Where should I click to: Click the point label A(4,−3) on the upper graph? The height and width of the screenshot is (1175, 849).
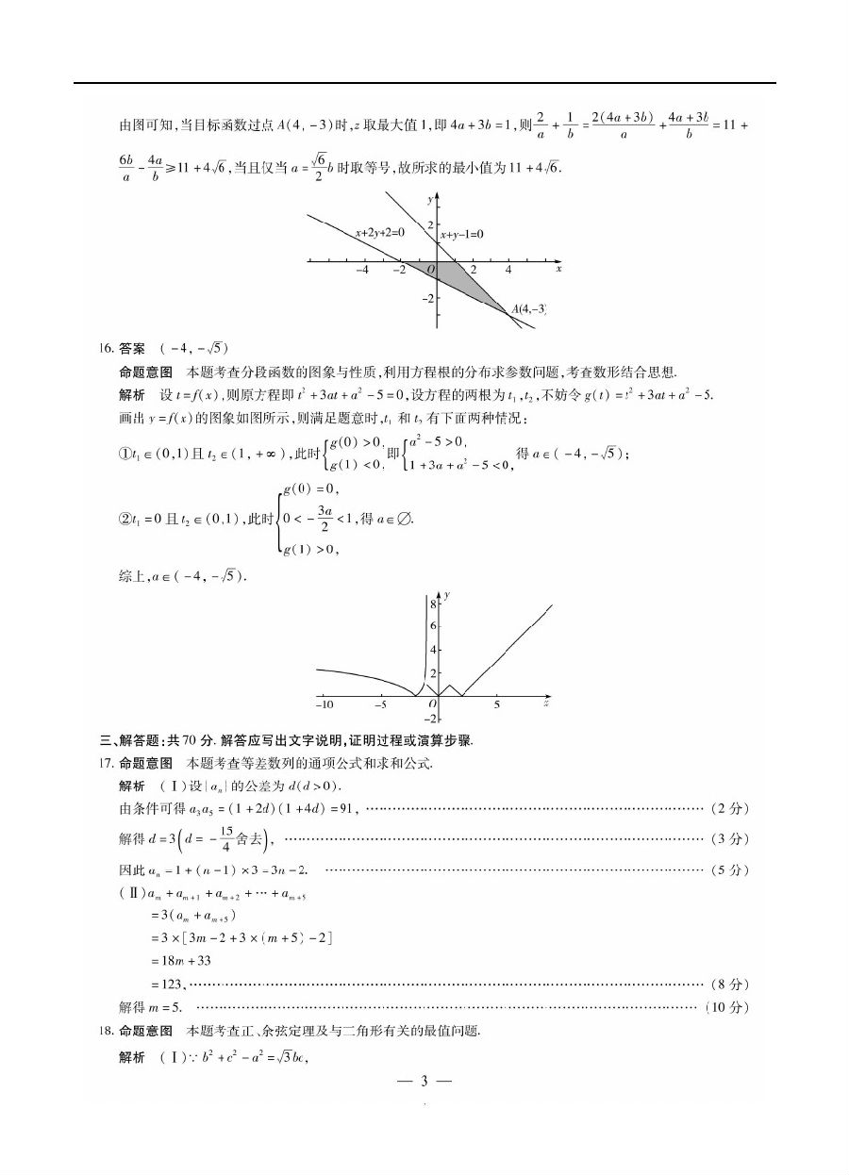(528, 308)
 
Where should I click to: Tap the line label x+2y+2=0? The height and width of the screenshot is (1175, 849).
(379, 232)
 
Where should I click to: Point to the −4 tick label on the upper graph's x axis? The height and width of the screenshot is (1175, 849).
(362, 270)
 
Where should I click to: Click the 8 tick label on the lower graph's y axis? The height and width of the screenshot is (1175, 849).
(432, 602)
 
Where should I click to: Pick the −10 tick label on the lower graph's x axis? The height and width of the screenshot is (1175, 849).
(324, 704)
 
